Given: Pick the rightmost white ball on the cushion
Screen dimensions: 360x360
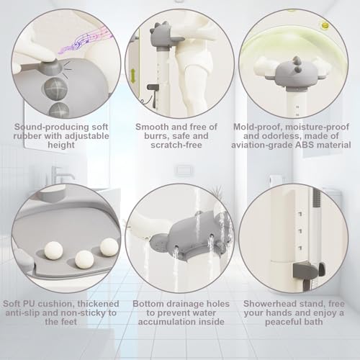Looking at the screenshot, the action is coord(109,247).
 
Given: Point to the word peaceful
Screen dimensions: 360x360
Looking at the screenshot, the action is coord(282,322).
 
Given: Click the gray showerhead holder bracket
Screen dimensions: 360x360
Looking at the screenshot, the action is coord(309,269).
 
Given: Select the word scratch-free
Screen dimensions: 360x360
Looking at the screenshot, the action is coord(176,145).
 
